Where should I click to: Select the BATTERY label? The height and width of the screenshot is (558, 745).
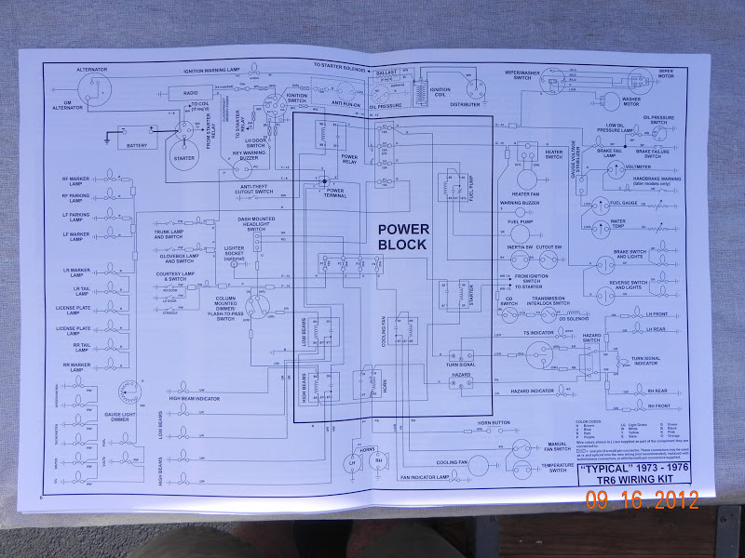tap(137, 145)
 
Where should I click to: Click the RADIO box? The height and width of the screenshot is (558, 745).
tap(189, 92)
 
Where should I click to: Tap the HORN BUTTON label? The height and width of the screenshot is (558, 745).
tap(488, 423)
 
